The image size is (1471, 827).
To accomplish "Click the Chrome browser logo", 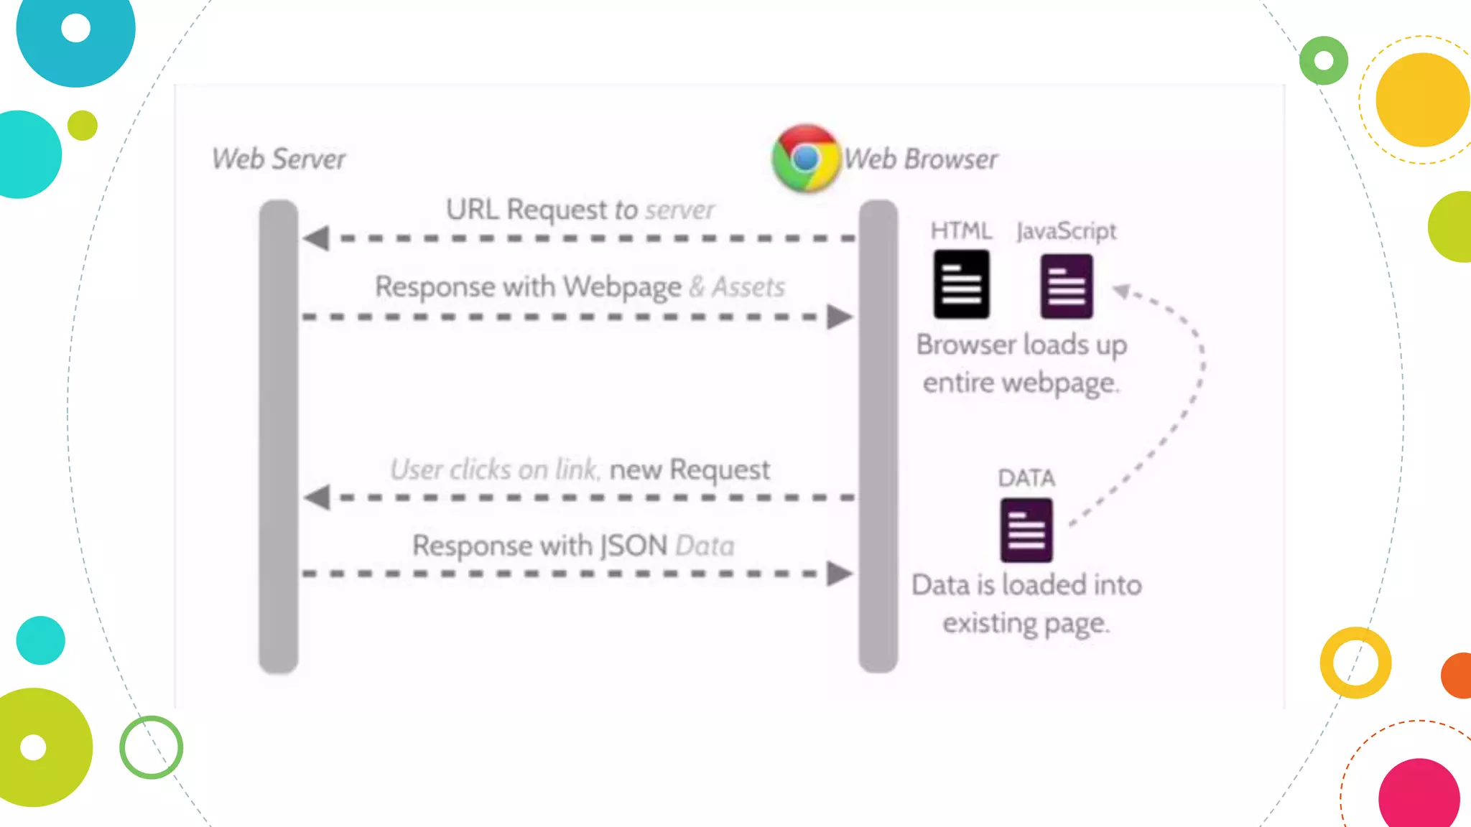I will point(805,159).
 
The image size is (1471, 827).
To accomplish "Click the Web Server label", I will point(279,159).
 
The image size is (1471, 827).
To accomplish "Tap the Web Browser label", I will point(921,159).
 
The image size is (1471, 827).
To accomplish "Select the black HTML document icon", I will point(961,284).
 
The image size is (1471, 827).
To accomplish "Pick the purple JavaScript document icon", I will point(1067,286).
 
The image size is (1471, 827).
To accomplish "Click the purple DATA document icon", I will point(1026,531).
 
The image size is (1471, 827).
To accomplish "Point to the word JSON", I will point(634,546).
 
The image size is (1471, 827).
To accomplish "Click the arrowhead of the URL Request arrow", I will point(317,238).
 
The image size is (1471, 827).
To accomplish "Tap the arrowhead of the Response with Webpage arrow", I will point(839,317).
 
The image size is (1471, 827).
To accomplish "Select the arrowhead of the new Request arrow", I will point(317,497).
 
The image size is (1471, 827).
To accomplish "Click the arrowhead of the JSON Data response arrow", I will point(839,574).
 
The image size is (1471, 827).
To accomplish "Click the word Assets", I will point(748,287).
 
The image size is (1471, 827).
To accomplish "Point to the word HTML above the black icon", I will point(961,230).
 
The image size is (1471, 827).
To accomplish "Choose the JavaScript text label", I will point(1067,231).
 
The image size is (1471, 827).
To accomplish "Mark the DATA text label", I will point(1026,478).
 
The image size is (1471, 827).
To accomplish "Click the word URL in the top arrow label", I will point(472,210).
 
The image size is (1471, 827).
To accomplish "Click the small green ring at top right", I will point(1324,61).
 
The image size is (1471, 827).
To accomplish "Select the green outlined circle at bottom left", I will point(151,747).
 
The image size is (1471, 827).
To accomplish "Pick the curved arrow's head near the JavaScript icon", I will point(1121,291).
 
